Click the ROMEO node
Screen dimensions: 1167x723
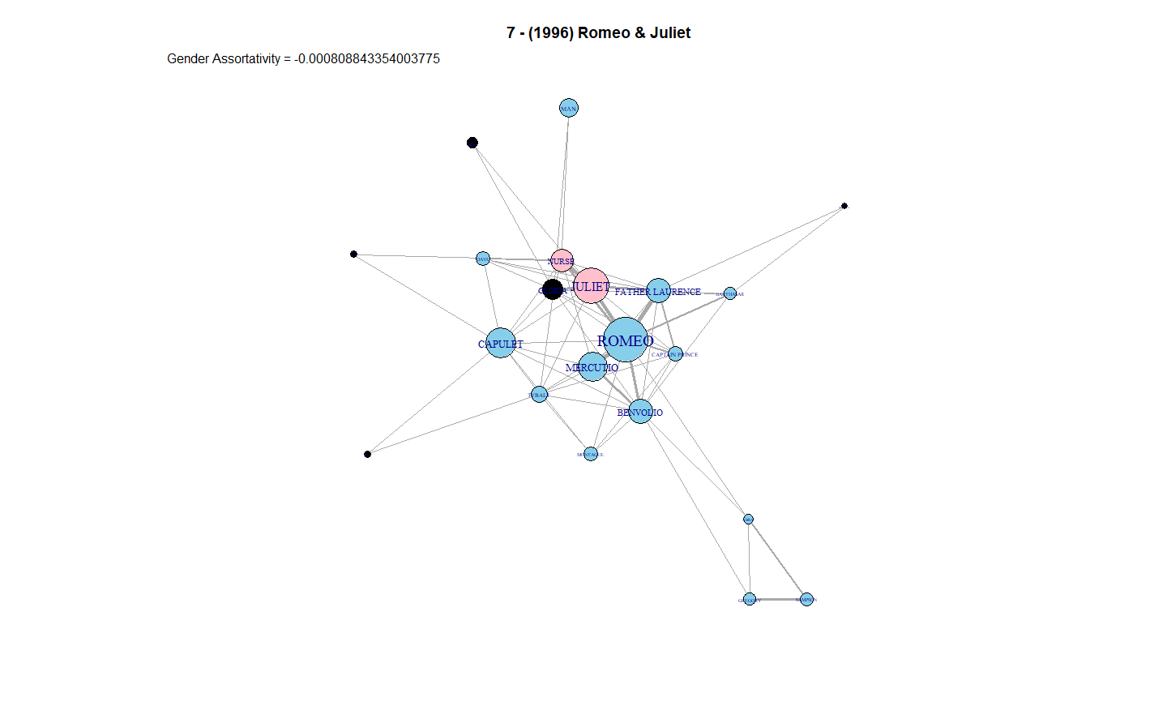(x=625, y=340)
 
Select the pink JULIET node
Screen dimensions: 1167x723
(x=591, y=285)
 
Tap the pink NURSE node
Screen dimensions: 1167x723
(x=562, y=260)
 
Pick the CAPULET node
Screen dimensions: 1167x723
(x=501, y=343)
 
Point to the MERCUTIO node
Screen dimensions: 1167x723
(x=592, y=366)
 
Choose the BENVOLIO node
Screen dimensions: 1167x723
(x=640, y=411)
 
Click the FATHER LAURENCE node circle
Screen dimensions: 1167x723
(x=658, y=290)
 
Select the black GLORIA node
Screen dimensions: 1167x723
(x=552, y=289)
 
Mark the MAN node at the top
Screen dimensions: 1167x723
(x=569, y=108)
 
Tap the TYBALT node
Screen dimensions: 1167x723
(x=539, y=395)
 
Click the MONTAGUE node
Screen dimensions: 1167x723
(x=591, y=454)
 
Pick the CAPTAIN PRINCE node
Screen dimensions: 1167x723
(x=675, y=353)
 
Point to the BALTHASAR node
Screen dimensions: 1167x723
(x=730, y=293)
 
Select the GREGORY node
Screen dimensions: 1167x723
(x=750, y=600)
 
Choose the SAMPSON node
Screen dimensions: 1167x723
(x=806, y=600)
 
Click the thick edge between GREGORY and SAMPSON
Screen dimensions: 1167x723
(x=778, y=600)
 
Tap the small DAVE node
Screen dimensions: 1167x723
(x=483, y=259)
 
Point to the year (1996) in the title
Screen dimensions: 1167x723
(x=551, y=32)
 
